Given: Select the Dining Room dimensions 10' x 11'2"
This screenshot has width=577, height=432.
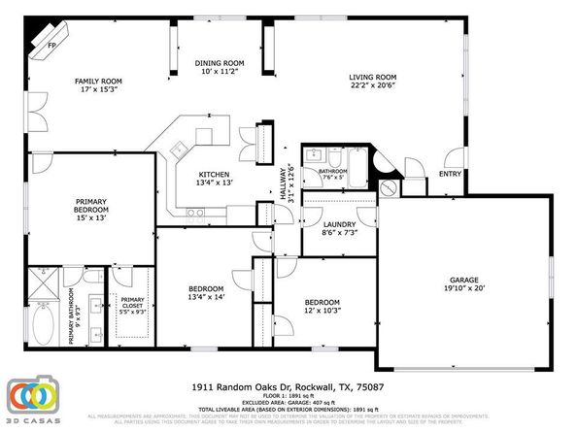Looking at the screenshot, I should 220,72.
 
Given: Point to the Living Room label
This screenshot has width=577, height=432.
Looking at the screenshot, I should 373,77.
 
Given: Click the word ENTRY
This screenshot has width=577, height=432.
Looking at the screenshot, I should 450,175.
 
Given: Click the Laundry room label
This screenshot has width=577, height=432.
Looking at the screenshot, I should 340,224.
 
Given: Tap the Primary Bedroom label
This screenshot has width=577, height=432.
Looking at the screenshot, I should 96,208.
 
